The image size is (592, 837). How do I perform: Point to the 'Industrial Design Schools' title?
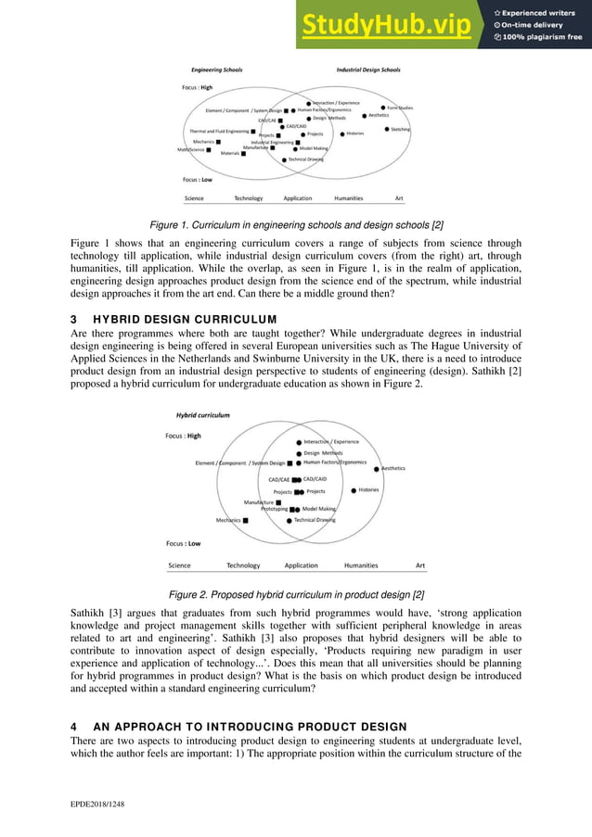[367, 70]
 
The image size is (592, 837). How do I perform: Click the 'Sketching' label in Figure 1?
[401, 129]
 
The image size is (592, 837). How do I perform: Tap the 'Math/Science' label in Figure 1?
[191, 149]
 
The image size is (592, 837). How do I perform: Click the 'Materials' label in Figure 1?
[229, 153]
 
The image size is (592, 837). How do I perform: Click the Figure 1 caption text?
[295, 223]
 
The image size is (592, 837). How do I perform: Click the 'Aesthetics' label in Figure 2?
[393, 469]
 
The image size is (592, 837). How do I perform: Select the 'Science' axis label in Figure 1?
[194, 198]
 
